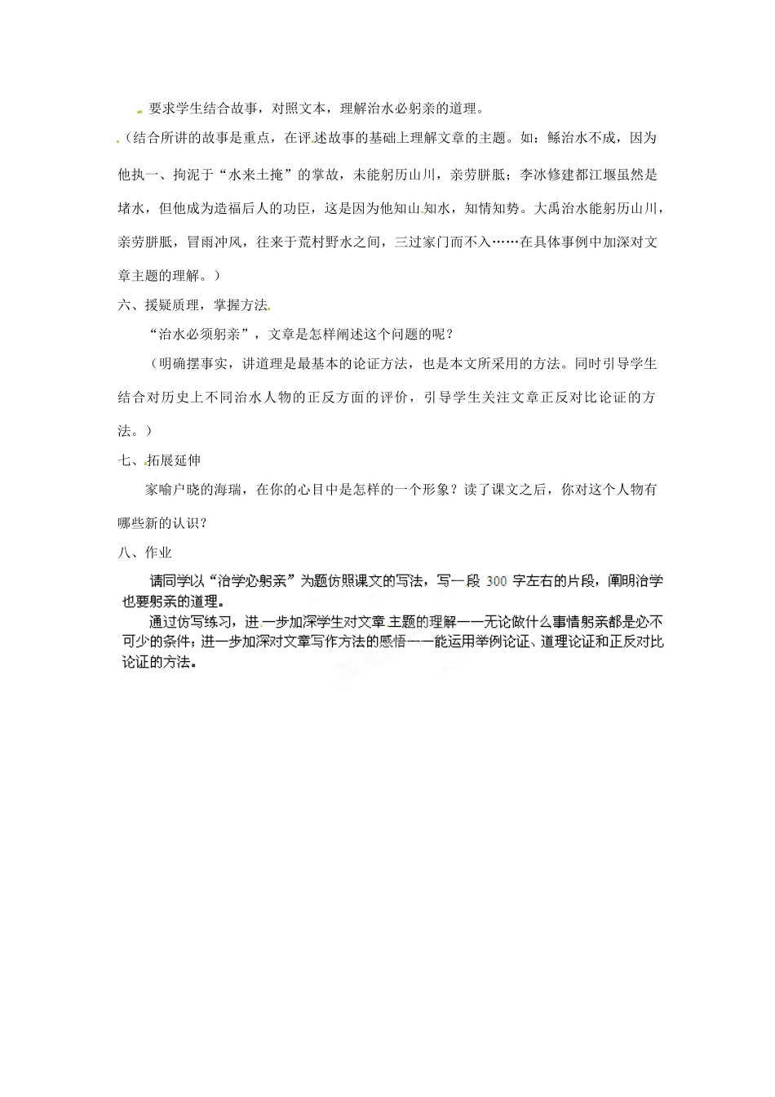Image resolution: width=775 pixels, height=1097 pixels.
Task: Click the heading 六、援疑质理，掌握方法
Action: pos(193,304)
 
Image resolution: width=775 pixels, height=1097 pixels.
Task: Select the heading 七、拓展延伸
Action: pos(159,460)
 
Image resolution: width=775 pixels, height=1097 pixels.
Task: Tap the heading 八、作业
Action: pos(145,553)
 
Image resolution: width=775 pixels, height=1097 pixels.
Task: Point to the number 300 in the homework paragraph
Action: pos(497,582)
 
